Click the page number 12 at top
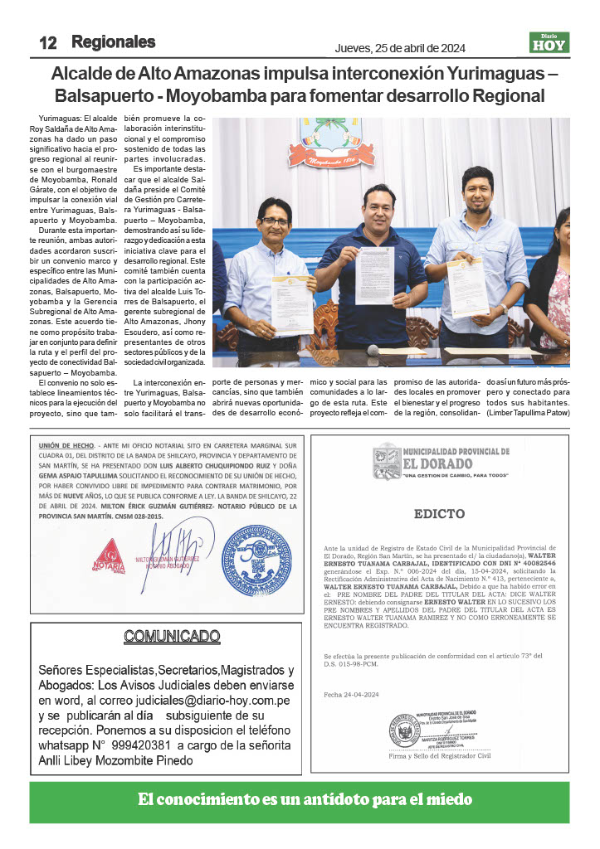47,43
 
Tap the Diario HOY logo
549,42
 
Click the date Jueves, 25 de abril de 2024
400,46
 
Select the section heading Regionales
114,41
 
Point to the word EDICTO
440,514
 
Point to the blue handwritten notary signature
183,551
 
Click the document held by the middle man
374,276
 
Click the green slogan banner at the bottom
300,800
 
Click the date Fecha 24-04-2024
353,694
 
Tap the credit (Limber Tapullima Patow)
529,412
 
